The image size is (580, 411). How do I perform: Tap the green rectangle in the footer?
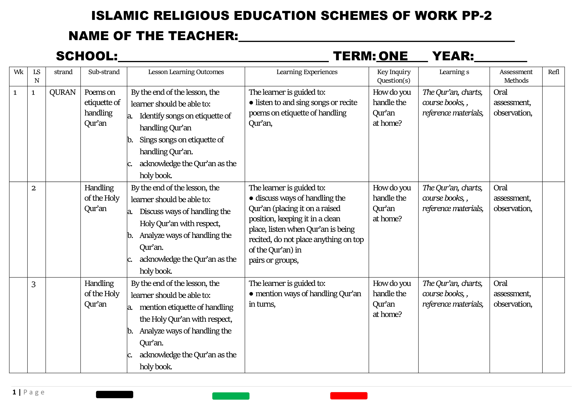[x=231, y=396]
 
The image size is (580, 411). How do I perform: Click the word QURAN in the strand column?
[x=62, y=92]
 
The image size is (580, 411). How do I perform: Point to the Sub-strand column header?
[x=104, y=72]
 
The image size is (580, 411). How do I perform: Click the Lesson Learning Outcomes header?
[x=186, y=72]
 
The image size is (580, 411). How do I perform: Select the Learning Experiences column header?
[x=307, y=72]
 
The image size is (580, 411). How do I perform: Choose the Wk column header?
[x=19, y=72]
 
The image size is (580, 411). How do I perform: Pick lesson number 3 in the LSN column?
[x=34, y=284]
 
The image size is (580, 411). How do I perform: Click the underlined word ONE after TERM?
[x=393, y=56]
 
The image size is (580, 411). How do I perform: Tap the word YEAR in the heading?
[x=453, y=56]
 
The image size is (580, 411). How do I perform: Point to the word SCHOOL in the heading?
[x=87, y=56]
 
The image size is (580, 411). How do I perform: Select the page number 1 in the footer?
[x=14, y=392]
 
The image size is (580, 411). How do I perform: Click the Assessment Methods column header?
[x=516, y=76]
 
